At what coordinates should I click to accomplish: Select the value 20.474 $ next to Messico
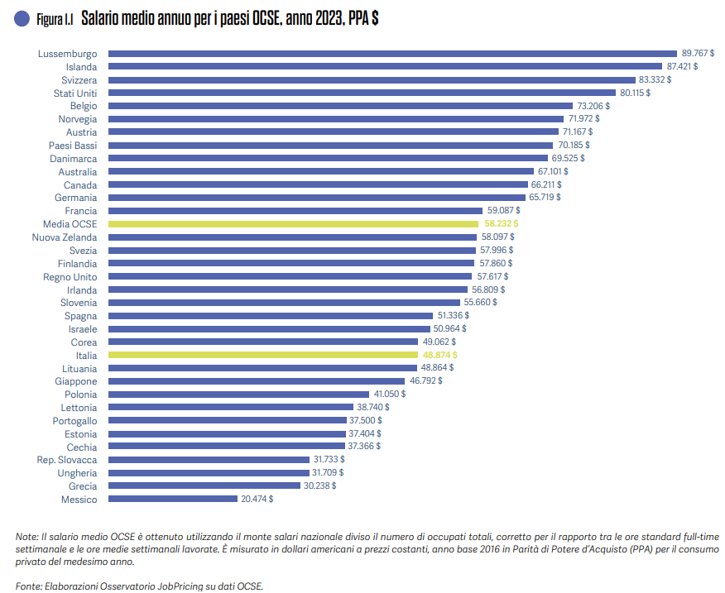pos(257,500)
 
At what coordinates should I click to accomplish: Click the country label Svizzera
pos(79,80)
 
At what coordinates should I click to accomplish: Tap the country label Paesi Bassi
pos(73,146)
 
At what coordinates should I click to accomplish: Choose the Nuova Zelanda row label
pos(65,237)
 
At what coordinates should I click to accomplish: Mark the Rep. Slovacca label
pos(67,460)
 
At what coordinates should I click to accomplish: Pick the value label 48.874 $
pos(439,355)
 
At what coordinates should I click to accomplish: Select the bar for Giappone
pos(257,381)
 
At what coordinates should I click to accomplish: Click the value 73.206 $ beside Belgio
pos(593,106)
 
